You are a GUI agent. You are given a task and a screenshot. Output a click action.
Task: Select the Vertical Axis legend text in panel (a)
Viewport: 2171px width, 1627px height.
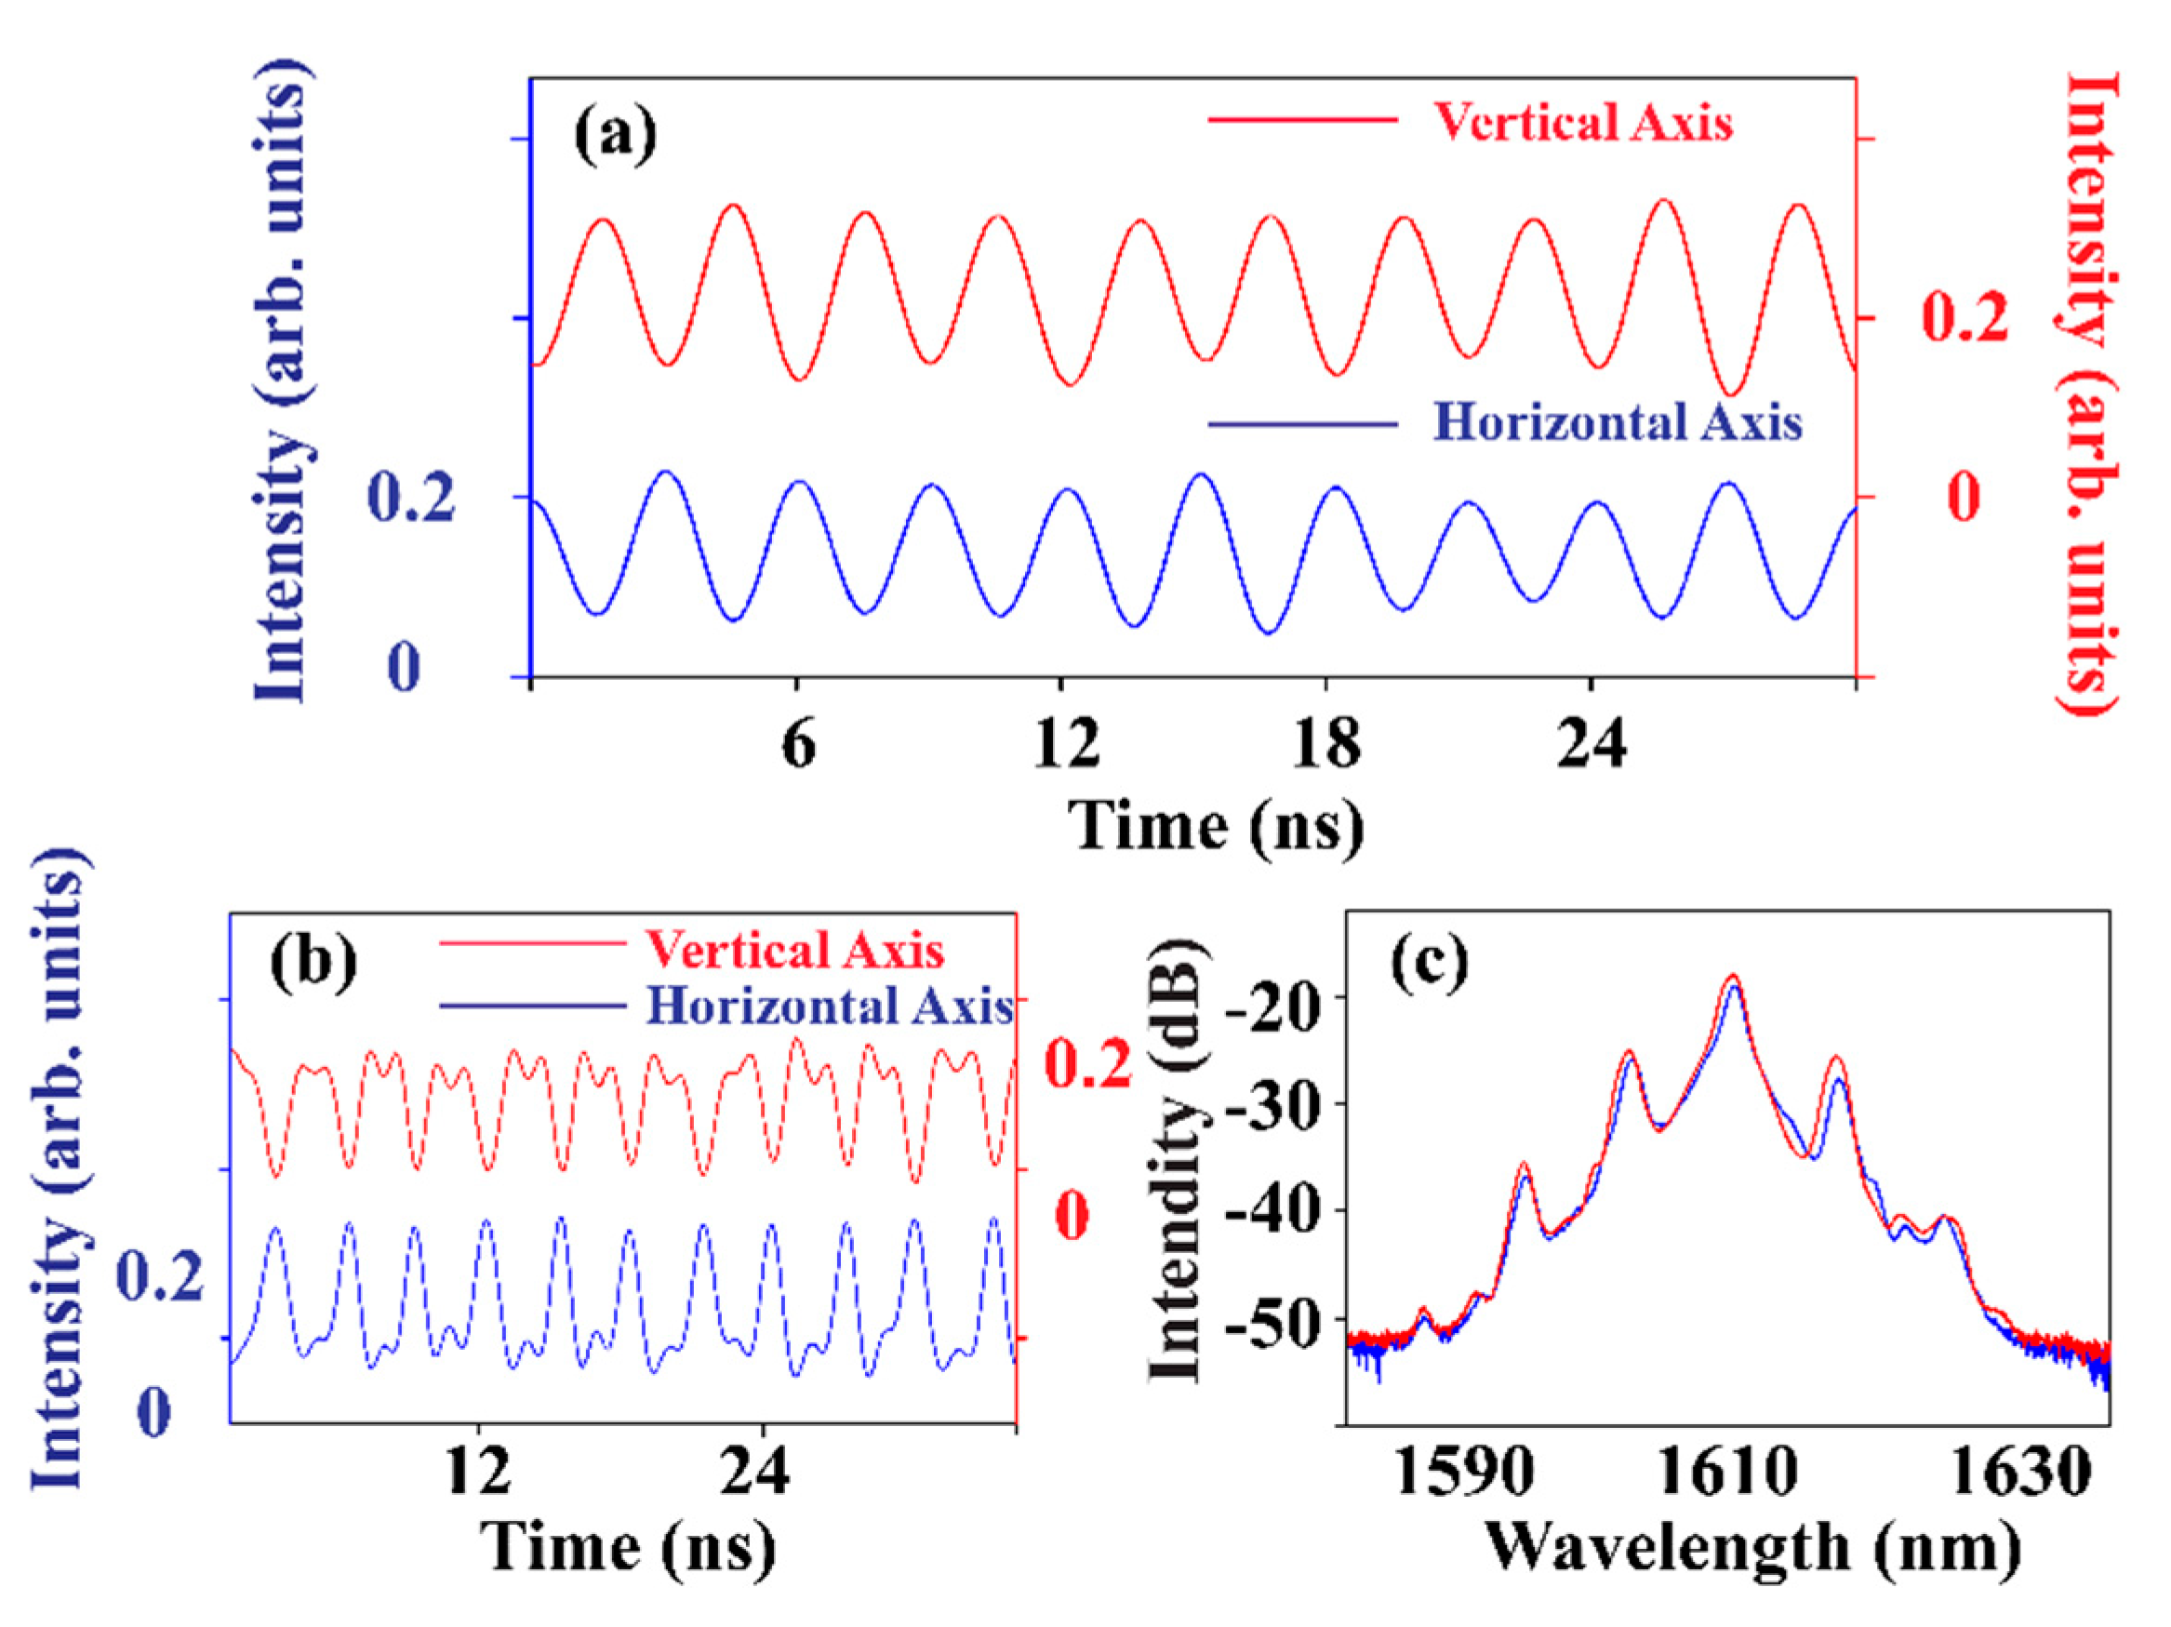(1582, 122)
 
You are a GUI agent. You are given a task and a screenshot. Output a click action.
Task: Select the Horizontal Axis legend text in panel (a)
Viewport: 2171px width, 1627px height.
(1618, 423)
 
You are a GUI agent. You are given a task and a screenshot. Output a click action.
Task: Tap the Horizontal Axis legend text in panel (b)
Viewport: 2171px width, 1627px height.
(831, 1006)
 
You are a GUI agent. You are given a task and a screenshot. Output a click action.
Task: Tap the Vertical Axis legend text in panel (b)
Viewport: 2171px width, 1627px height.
(794, 950)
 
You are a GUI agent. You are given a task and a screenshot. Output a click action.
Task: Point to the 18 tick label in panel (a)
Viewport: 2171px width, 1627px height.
(1326, 743)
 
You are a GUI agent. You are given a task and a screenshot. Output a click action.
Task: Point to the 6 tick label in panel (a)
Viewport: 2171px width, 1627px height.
(798, 743)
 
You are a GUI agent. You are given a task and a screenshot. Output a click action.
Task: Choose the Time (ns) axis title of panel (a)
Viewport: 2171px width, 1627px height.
(1215, 824)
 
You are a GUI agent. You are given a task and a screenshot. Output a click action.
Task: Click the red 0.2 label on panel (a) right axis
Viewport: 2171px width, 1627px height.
(1964, 319)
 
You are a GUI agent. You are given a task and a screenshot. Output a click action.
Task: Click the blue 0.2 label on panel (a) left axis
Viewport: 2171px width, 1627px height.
(410, 497)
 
